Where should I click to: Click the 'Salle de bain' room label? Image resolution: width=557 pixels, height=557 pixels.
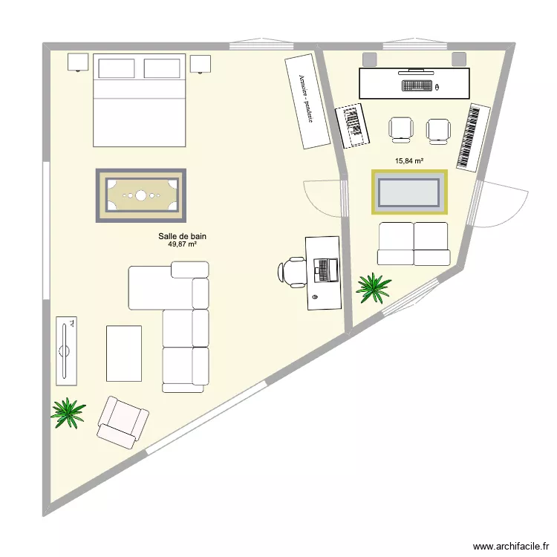pos(182,236)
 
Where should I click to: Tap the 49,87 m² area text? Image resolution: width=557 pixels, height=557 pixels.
pos(182,244)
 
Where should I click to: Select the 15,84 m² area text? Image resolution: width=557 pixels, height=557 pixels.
pos(409,160)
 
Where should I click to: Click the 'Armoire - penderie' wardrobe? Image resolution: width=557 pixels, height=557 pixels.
pos(307,101)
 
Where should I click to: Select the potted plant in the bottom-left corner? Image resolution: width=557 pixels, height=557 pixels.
pos(68,412)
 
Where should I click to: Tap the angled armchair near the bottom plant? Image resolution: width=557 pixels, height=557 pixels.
pos(122,422)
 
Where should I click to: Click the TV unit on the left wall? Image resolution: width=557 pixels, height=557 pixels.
pos(66,351)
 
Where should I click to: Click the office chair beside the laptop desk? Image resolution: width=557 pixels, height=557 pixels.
pos(292,271)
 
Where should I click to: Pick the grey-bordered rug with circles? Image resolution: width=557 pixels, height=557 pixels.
pos(140,195)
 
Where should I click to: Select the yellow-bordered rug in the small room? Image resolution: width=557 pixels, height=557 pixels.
pos(409,192)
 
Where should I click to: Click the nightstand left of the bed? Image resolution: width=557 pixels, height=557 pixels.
pos(78,63)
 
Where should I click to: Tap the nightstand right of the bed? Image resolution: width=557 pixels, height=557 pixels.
pos(201,64)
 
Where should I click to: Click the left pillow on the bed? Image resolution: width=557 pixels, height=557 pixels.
pos(116,68)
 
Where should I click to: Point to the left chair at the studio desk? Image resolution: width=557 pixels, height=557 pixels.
pos(401,129)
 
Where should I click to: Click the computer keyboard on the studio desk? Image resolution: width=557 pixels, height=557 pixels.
pos(417,86)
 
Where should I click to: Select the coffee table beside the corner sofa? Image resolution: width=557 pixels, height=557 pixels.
pos(123,353)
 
